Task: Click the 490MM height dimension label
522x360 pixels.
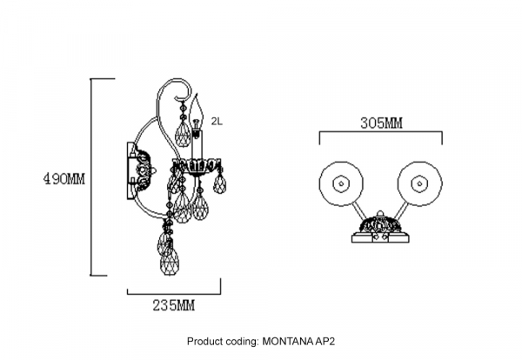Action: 65,180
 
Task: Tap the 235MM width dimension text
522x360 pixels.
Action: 173,305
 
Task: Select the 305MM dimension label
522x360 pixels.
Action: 381,123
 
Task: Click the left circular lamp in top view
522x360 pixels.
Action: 339,183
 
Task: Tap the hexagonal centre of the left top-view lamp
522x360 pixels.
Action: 339,183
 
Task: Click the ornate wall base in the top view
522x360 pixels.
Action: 380,228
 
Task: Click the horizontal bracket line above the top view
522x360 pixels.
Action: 381,133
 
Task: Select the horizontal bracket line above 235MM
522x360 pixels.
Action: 174,291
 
